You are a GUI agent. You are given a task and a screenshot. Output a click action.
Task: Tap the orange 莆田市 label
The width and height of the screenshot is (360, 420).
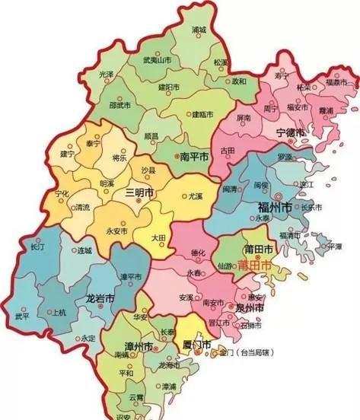[253, 267]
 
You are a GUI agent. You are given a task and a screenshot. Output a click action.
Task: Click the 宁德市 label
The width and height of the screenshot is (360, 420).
[290, 132]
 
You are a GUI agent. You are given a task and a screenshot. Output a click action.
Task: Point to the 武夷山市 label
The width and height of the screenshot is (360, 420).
[142, 61]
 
